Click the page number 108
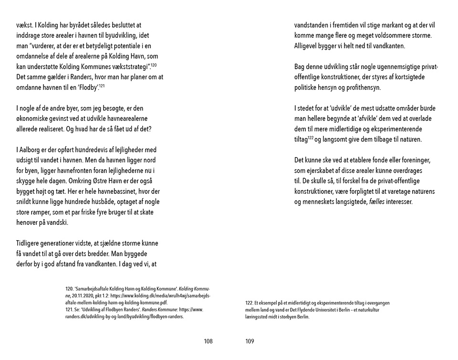click(208, 341)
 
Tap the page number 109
click(250, 341)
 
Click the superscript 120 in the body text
click(154, 65)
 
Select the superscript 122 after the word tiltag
click(310, 138)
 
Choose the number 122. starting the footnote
click(249, 303)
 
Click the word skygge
click(25, 181)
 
